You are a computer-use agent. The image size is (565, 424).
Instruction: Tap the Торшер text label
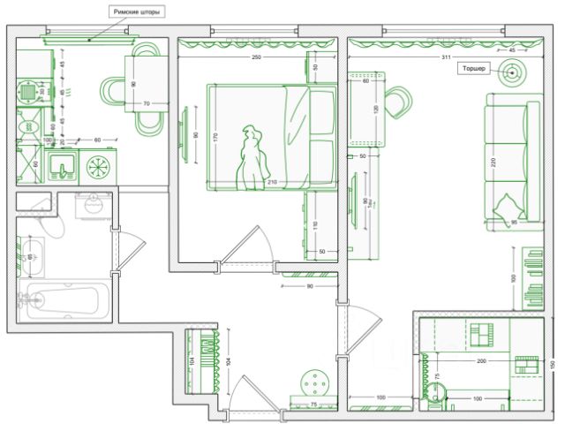coord(473,67)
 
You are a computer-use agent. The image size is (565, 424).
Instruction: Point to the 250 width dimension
coord(257,57)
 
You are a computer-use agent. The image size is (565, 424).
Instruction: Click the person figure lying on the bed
coord(254,155)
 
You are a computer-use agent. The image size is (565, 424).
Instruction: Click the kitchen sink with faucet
coord(62,166)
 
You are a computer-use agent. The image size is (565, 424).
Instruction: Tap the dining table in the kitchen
coord(147,84)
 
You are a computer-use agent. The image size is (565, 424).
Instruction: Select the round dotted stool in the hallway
coord(315,384)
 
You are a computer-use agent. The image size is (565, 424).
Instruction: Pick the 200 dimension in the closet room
coord(481,362)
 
